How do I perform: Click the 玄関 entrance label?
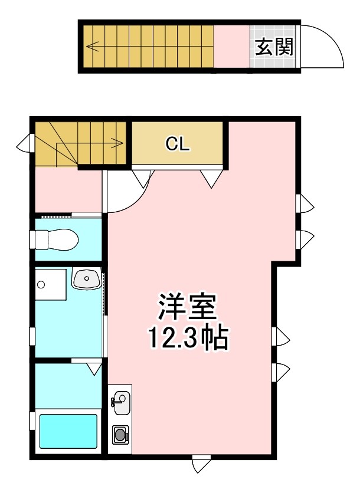274,47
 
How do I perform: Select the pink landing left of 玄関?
231,47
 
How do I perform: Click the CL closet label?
177,144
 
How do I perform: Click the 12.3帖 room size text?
187,339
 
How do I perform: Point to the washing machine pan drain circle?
41,285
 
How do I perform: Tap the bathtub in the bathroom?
68,432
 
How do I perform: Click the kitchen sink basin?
120,403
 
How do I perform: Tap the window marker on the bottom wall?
201,465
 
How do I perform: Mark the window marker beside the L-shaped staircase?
25,143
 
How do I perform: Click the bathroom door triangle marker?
94,369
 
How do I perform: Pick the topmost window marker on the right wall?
306,205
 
